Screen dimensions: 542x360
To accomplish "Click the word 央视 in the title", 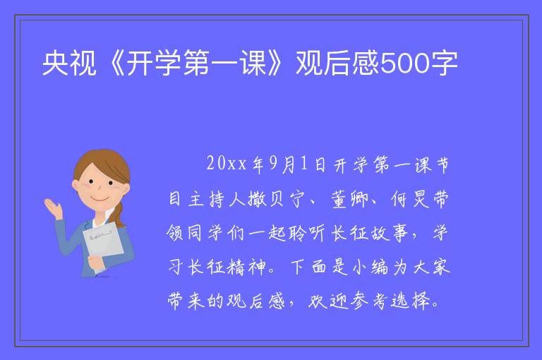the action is (69, 63).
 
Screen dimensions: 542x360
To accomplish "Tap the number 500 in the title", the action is (404, 63).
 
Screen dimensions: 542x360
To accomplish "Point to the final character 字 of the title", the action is (444, 63).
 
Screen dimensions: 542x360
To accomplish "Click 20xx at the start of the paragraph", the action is (227, 163).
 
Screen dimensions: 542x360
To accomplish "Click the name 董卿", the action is (349, 198).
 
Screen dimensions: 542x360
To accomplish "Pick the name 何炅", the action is (410, 198).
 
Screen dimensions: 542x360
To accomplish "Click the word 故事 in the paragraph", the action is (390, 233).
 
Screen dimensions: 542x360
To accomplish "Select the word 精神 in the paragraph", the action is (246, 267).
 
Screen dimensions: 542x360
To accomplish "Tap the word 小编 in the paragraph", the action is (370, 267).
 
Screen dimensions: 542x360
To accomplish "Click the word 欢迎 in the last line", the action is (327, 301).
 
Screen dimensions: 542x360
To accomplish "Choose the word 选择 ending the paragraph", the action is (411, 301).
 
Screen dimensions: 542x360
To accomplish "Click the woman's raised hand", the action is (53, 208).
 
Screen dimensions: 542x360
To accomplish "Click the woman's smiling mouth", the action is (100, 200).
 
